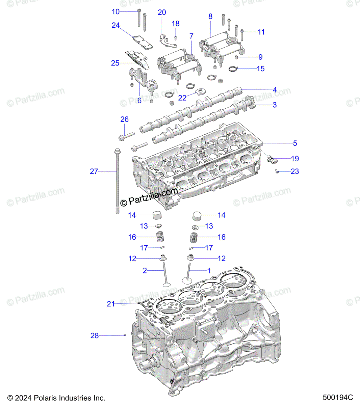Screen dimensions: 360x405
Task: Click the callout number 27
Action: [x=94, y=171]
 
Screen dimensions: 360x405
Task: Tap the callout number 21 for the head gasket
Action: [x=110, y=304]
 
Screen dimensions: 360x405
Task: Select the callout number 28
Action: [x=95, y=335]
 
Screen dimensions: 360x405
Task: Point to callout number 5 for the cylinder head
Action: [x=295, y=143]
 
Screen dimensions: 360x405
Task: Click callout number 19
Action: [x=295, y=159]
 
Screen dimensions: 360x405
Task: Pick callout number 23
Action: [x=295, y=171]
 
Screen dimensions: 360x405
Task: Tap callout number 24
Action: [x=115, y=25]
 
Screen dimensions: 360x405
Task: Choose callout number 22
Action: [x=182, y=98]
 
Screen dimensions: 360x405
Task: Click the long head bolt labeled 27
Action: [x=118, y=181]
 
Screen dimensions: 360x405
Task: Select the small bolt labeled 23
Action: [x=277, y=171]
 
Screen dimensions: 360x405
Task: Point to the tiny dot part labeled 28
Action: [x=125, y=335]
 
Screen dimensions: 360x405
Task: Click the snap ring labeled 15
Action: [x=233, y=69]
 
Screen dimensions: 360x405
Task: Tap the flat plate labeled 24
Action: [x=143, y=43]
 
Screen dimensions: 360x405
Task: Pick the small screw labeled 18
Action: [x=176, y=37]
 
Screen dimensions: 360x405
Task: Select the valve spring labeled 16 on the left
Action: [x=160, y=236]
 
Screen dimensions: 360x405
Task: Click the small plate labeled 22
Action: [x=200, y=92]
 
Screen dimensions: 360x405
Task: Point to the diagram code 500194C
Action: [x=338, y=397]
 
